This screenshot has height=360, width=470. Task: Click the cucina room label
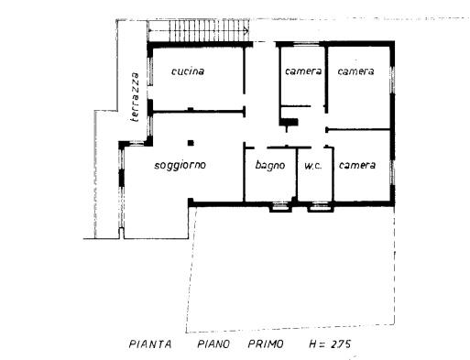pyautogui.click(x=188, y=71)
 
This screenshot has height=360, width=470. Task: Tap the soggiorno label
pyautogui.click(x=180, y=165)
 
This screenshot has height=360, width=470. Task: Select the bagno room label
pyautogui.click(x=270, y=166)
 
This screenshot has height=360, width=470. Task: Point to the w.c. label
pyautogui.click(x=313, y=166)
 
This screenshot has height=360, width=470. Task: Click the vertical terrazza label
pyautogui.click(x=135, y=97)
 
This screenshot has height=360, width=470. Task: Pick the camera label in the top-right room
pyautogui.click(x=355, y=71)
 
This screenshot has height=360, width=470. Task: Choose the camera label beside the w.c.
pyautogui.click(x=357, y=165)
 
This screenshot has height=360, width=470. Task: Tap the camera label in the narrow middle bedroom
pyautogui.click(x=303, y=71)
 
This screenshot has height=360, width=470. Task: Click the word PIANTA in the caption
pyautogui.click(x=150, y=344)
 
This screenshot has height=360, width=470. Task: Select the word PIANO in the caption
pyautogui.click(x=213, y=344)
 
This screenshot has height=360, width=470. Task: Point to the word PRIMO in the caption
pyautogui.click(x=266, y=344)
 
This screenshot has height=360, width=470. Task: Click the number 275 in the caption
pyautogui.click(x=341, y=344)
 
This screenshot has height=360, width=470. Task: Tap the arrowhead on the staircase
pyautogui.click(x=246, y=30)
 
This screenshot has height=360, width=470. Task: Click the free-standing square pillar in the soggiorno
pyautogui.click(x=191, y=143)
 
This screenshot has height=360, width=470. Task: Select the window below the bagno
pyautogui.click(x=280, y=207)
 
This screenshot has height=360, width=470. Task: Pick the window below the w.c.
pyautogui.click(x=321, y=207)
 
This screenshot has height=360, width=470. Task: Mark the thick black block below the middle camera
pyautogui.click(x=289, y=122)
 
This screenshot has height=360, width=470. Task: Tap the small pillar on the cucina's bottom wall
pyautogui.click(x=191, y=109)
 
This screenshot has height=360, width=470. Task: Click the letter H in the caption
pyautogui.click(x=312, y=344)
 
